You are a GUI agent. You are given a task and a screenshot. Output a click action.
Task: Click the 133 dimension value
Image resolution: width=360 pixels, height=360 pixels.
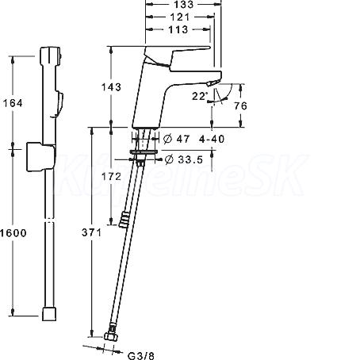coord(184,4)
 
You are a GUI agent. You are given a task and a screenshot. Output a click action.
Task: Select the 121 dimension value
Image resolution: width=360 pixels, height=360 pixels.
coord(180,17)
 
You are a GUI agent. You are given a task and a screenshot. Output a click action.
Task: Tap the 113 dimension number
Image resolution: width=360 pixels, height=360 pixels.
coord(178,29)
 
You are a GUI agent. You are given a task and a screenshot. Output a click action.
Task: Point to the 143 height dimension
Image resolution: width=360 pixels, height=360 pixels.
coord(111,87)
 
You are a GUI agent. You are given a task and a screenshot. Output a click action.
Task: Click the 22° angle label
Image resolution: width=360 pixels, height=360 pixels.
coord(200,96)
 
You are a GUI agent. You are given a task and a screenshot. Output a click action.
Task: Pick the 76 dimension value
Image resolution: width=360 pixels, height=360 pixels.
coord(240,105)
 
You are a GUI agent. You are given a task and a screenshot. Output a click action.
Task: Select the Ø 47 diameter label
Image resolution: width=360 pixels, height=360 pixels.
coord(176,139)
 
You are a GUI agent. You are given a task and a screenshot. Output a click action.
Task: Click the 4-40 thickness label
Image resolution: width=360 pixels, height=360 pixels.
coord(212,139)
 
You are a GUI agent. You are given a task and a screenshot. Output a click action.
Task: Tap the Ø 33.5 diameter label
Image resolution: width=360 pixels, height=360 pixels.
coord(184,159)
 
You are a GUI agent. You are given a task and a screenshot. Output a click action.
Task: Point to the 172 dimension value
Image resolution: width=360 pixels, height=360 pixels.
coord(111,176)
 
